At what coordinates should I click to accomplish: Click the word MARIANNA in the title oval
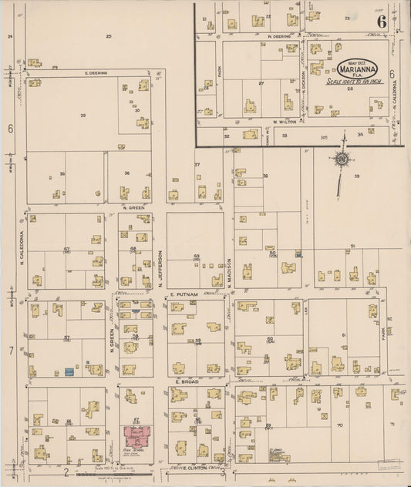tap(356, 68)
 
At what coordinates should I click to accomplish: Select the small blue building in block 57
tap(69, 371)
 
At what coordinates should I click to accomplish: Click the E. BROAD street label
tap(187, 381)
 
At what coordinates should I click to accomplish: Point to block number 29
tap(83, 115)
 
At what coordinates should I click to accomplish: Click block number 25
tap(109, 36)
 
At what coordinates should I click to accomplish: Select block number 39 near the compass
tap(357, 176)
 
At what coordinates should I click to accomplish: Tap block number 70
tap(339, 425)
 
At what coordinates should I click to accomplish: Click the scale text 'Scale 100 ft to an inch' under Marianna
tap(355, 80)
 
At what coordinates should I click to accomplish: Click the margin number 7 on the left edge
tap(11, 351)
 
